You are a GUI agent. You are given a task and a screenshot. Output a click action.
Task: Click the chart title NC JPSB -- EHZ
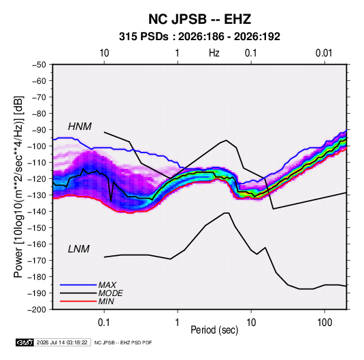pos(199,19)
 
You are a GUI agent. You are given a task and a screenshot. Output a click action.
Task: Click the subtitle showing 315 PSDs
pos(199,37)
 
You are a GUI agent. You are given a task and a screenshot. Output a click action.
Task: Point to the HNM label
pos(80,127)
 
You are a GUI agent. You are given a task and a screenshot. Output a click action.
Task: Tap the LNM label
pos(79,249)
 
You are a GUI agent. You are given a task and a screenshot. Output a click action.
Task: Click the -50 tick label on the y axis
pos(39,65)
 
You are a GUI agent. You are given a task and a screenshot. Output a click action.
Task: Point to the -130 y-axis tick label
pos(37,195)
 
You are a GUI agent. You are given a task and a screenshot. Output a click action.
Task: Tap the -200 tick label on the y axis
pos(37,310)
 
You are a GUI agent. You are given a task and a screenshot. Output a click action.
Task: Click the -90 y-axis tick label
pos(39,130)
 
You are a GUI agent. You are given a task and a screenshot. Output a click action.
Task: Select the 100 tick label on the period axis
pos(325,323)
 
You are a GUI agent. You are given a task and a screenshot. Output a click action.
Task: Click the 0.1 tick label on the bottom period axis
pos(104,323)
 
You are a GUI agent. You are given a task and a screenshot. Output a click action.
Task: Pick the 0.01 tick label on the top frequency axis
pos(324,53)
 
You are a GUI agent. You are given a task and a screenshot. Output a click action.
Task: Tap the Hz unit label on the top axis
pos(214,53)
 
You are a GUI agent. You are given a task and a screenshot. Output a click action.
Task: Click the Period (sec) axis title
pos(214,330)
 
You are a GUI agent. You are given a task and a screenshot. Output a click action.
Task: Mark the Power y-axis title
pos(18,186)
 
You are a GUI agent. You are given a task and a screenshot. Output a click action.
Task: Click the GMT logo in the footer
pos(25,342)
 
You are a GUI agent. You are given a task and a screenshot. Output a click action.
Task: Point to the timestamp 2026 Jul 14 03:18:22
pos(62,342)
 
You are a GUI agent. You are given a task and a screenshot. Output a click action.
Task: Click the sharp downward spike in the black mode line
pos(111,201)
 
